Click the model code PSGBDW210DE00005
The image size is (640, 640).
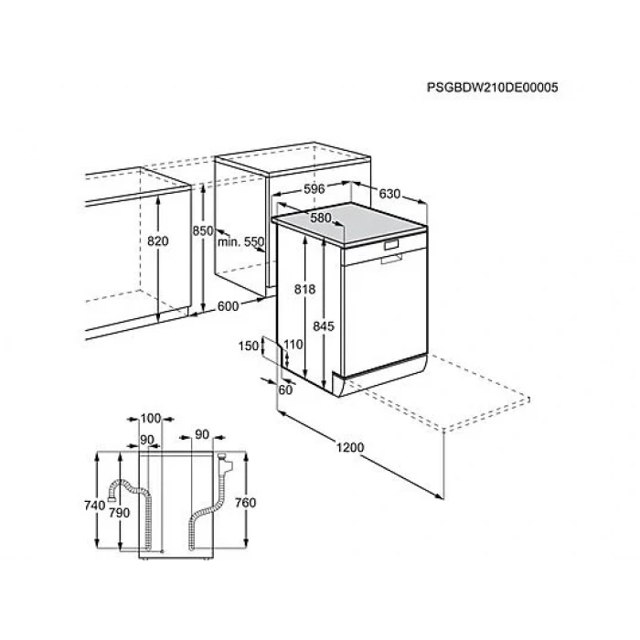tap(492, 88)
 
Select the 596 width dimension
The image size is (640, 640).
tap(315, 189)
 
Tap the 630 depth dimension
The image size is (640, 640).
tap(389, 194)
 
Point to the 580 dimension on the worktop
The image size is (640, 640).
tap(321, 218)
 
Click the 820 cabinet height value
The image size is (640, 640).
tap(158, 241)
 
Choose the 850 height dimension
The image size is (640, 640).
tap(203, 231)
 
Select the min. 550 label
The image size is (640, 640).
tap(240, 241)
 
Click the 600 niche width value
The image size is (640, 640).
tap(229, 306)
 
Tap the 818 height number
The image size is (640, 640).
tap(304, 290)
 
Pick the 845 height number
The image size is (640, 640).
tap(324, 326)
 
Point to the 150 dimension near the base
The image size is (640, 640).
tap(249, 346)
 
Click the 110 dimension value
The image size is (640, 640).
tap(293, 345)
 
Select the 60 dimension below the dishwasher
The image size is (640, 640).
tap(285, 389)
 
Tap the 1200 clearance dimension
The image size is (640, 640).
tap(350, 447)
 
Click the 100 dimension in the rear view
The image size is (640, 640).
tap(151, 419)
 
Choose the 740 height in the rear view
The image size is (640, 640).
tap(95, 506)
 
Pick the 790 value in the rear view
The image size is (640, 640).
tap(119, 513)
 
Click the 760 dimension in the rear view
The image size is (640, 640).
tap(245, 503)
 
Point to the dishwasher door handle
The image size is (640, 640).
tap(391, 258)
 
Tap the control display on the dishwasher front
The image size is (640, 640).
tap(391, 244)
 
